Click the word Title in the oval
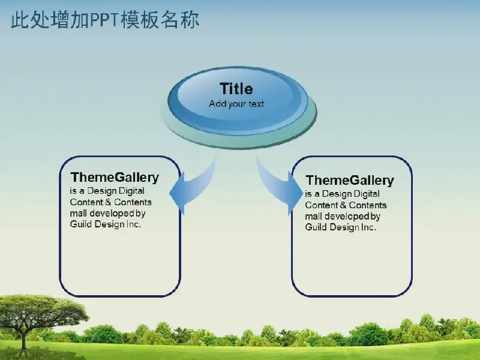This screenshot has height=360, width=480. click(x=236, y=89)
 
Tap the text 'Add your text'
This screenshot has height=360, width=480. click(x=236, y=104)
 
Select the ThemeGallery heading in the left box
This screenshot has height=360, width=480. click(x=115, y=178)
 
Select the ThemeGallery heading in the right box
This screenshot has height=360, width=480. click(x=350, y=181)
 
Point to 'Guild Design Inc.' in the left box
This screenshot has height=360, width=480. click(x=106, y=224)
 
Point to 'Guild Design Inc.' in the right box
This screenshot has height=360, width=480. click(x=340, y=227)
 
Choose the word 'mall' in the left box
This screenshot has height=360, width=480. click(x=78, y=213)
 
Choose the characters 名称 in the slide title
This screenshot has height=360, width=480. click(x=179, y=20)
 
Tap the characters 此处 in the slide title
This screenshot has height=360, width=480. click(x=30, y=20)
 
